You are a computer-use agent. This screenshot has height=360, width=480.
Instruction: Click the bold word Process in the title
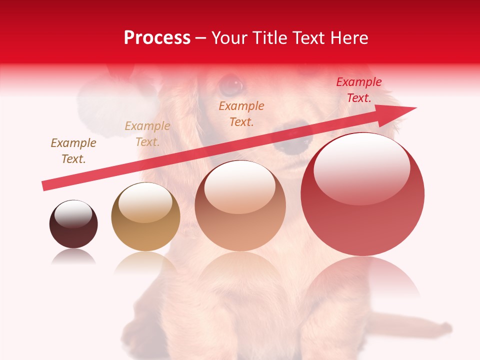pyautogui.click(x=157, y=38)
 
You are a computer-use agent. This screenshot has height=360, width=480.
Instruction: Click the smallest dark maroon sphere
pyautogui.click(x=73, y=224)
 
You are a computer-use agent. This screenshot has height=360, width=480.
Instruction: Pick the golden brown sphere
pyautogui.click(x=145, y=216)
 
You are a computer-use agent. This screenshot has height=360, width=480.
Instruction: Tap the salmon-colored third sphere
pyautogui.click(x=240, y=205)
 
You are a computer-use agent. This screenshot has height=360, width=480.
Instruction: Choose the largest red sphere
pyautogui.click(x=362, y=194)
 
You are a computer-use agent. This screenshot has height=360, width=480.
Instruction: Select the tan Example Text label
pyautogui.click(x=147, y=134)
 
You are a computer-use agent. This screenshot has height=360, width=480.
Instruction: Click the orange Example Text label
pyautogui.click(x=241, y=113)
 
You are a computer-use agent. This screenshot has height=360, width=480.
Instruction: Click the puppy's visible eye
pyautogui.click(x=230, y=85)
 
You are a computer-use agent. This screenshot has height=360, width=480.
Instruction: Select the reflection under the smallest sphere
pyautogui.click(x=73, y=256)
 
